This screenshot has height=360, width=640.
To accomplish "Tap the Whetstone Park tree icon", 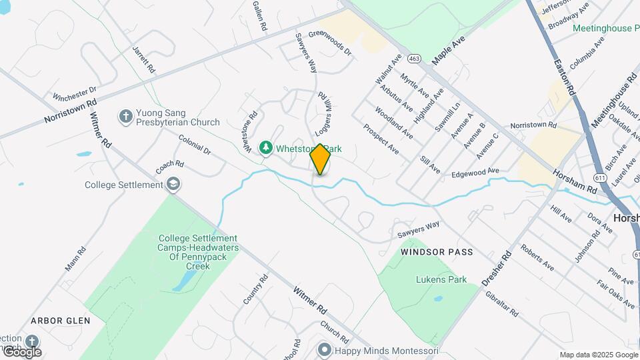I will (x=266, y=147).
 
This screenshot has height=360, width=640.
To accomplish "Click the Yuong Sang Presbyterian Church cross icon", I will (x=125, y=117).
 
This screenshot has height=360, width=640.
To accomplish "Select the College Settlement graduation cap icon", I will (x=173, y=184).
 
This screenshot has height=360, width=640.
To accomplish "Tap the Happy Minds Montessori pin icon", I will (x=325, y=349).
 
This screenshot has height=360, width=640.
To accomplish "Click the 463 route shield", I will (x=415, y=59).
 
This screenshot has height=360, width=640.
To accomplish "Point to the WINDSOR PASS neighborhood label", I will (x=437, y=253).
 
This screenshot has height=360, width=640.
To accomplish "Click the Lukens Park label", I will (x=441, y=280).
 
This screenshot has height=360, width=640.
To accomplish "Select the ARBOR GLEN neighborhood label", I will (x=60, y=321).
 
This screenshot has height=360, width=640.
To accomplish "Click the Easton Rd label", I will (x=563, y=75).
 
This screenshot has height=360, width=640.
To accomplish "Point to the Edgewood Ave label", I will (x=475, y=172).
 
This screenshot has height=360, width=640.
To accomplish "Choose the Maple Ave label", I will (x=448, y=51).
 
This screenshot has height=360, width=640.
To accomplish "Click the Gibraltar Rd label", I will (x=501, y=304).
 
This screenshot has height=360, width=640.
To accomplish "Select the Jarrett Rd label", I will (x=143, y=60).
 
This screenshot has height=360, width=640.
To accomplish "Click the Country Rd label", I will (x=255, y=289).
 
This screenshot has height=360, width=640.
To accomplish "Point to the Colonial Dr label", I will (x=195, y=145).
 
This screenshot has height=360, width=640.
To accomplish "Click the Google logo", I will (x=21, y=352).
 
